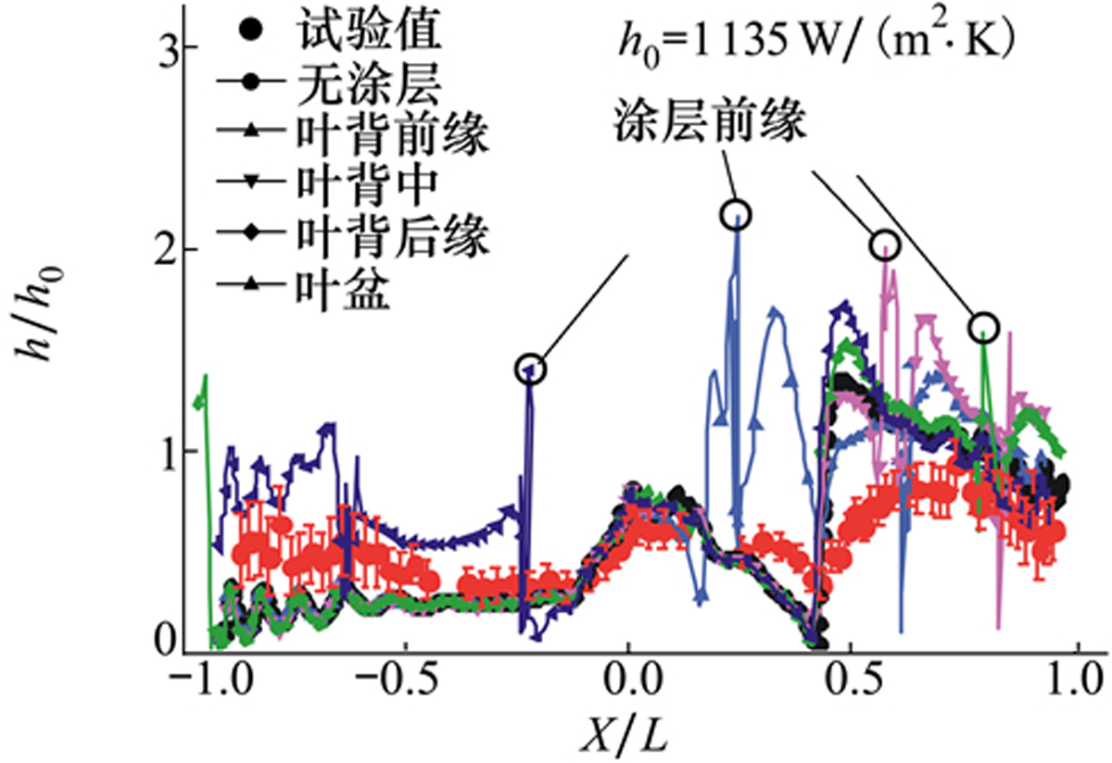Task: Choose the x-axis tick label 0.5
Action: point(851,687)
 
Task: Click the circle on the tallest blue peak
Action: point(736,215)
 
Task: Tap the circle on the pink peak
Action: point(885,244)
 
